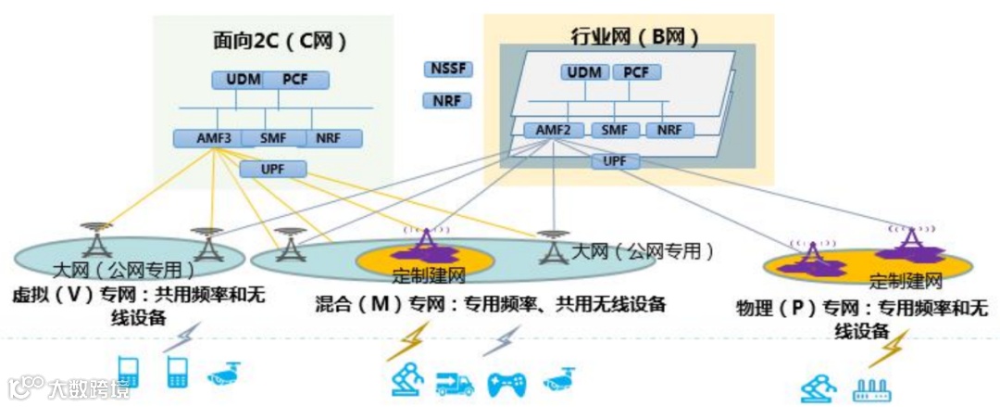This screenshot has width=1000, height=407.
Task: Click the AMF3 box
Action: tap(207, 138)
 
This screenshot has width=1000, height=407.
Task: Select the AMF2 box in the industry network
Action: tap(553, 130)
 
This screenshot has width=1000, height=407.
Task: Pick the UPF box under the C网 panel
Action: tap(272, 169)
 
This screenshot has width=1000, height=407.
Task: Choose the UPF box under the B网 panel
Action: tap(615, 161)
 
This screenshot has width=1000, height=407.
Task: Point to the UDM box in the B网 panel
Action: tap(584, 72)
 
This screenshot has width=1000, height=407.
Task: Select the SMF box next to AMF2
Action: tap(614, 130)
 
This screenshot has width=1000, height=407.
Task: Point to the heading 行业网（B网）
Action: tap(633, 38)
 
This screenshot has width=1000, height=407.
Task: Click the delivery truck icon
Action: tap(455, 382)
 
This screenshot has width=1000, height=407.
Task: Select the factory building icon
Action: tap(870, 388)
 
